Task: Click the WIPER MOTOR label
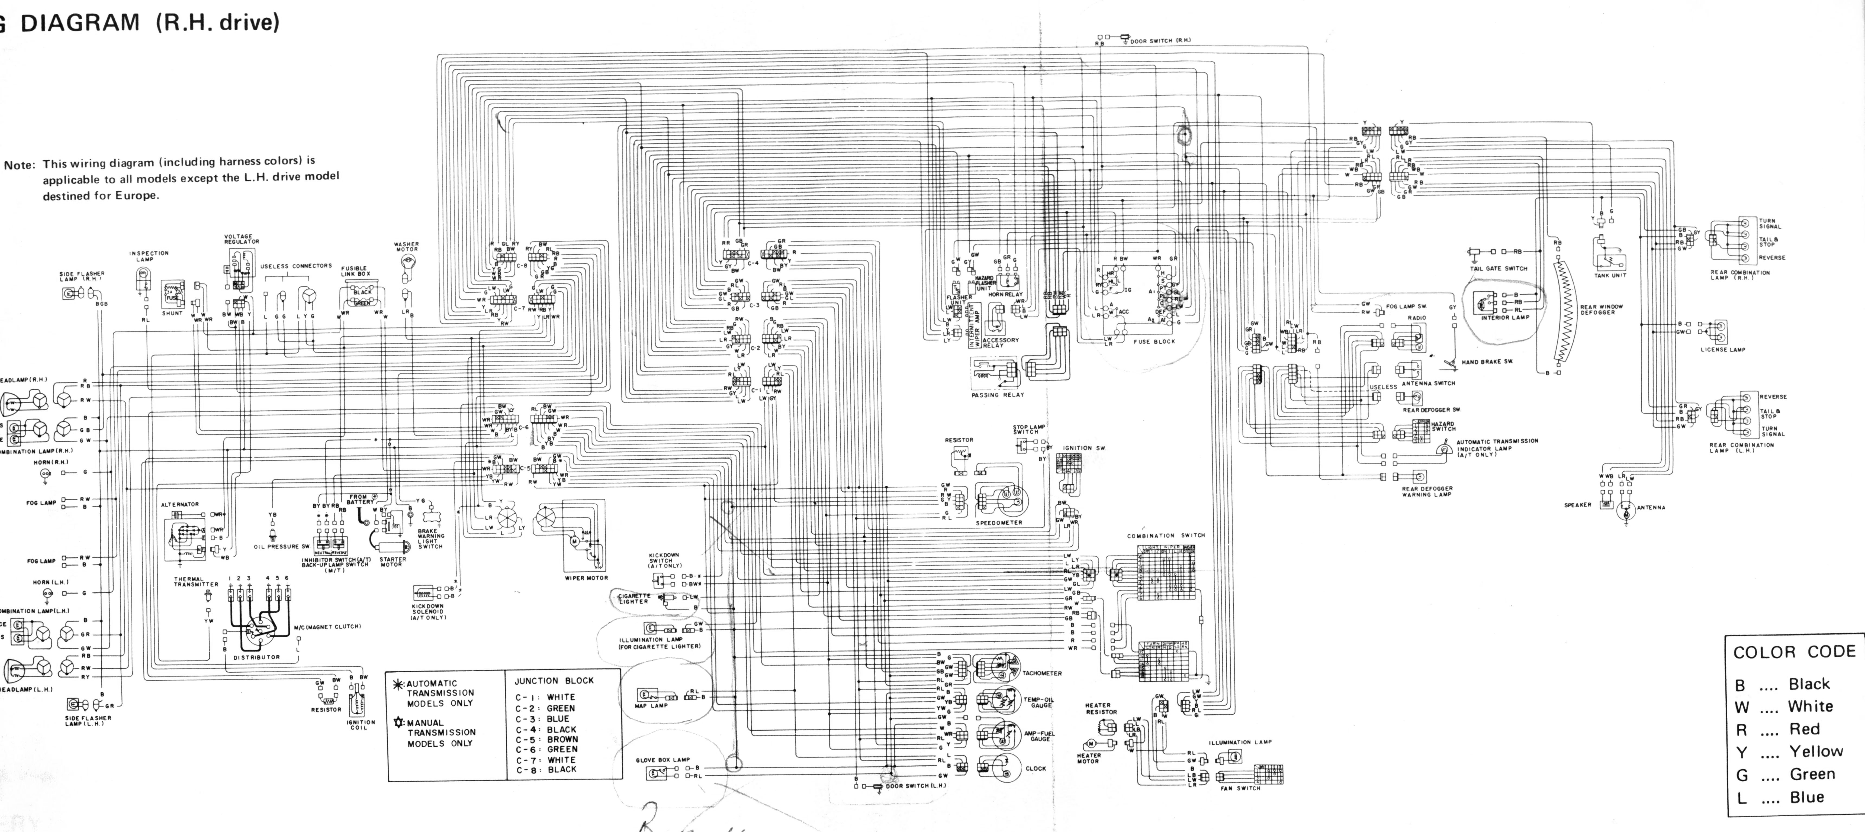[x=586, y=578]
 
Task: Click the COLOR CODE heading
[x=1794, y=652]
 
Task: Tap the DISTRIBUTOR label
[x=256, y=657]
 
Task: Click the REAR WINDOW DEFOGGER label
[x=1602, y=309]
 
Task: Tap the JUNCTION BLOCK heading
[x=554, y=681]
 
